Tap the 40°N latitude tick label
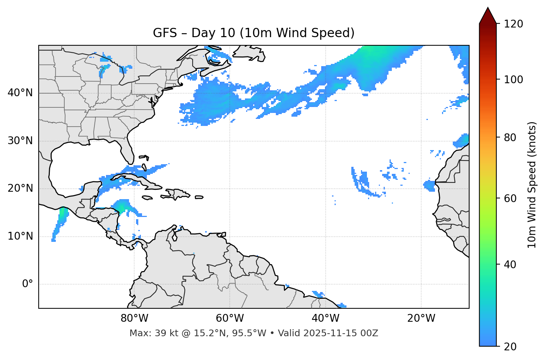(x=20, y=93)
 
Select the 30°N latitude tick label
(x=20, y=141)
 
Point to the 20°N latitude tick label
(x=20, y=188)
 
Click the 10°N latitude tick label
(x=20, y=236)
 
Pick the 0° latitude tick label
(x=28, y=284)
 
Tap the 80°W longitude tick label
(x=134, y=318)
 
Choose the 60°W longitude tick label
(x=230, y=318)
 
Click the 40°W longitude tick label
(x=326, y=318)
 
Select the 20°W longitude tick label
(x=421, y=318)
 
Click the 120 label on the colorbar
(x=513, y=24)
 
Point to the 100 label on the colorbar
(x=513, y=80)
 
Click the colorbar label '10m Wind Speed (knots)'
(x=532, y=185)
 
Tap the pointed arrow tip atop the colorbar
(x=488, y=9)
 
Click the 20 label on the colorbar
(x=510, y=347)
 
